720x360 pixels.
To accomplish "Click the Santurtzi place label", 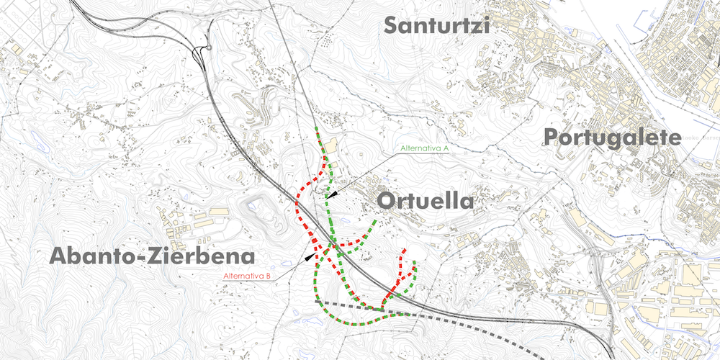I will coord(436,25).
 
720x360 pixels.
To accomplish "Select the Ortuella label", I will coord(426,201).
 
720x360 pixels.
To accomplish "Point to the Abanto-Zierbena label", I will coord(153,256).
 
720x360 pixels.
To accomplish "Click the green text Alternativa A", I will coord(425,148).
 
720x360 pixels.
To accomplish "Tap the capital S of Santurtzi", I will coord(392,25).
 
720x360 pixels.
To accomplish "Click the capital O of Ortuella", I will coord(386,201).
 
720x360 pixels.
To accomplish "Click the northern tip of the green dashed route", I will coord(317,129).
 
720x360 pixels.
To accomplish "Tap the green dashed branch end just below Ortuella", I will coord(375,222).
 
